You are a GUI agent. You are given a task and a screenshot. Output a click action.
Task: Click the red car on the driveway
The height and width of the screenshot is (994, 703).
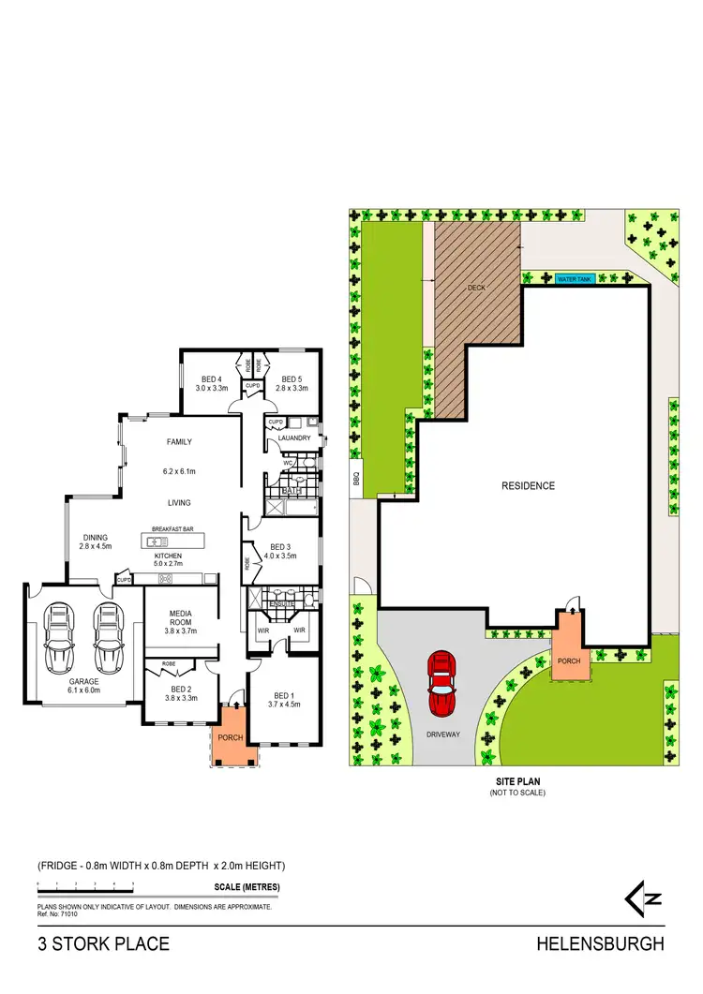(441, 682)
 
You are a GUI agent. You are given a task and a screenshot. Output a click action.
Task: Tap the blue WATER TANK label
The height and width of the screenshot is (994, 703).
(576, 278)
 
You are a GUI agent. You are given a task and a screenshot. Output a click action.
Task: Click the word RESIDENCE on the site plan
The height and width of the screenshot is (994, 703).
(528, 485)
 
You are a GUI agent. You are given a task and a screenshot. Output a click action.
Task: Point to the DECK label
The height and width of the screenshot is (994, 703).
(477, 289)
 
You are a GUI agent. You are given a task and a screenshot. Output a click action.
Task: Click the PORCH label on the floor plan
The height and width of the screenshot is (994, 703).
(230, 737)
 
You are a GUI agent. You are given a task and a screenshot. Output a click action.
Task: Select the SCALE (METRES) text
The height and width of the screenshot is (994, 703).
(247, 886)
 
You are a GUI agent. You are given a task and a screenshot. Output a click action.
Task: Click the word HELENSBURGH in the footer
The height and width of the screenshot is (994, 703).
(600, 944)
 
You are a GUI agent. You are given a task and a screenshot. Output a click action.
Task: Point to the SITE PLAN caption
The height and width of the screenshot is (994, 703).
(516, 780)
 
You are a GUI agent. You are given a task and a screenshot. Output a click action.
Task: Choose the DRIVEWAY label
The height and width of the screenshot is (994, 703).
(443, 734)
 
